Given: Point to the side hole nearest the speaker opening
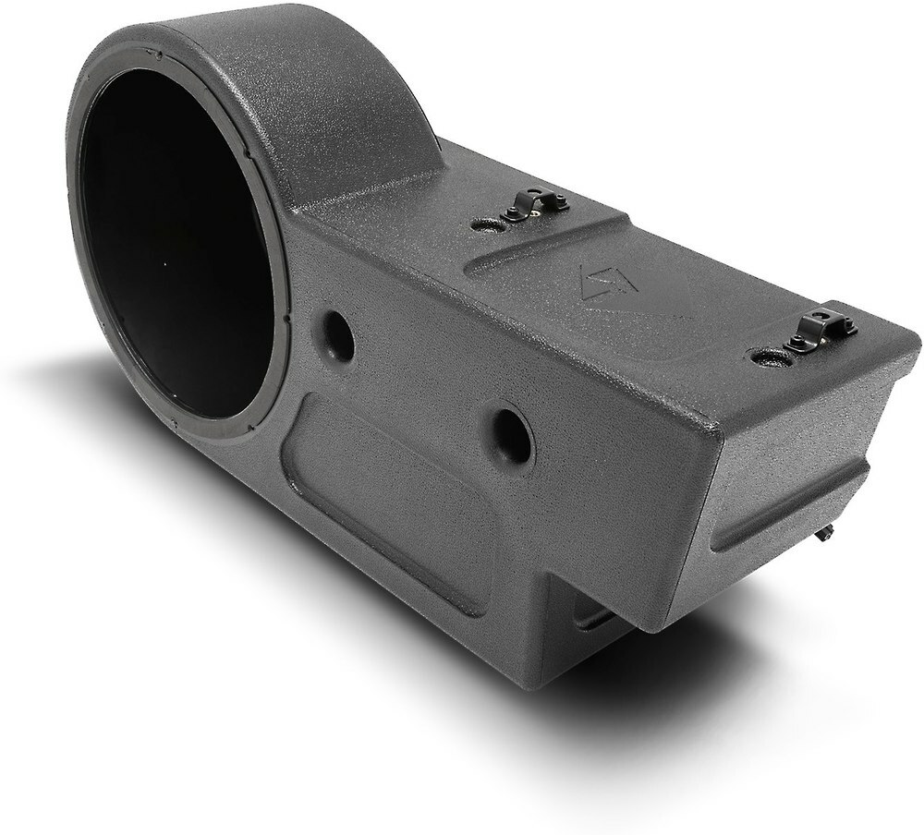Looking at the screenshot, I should click(x=337, y=337).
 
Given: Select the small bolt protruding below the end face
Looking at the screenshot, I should click(x=824, y=533).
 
